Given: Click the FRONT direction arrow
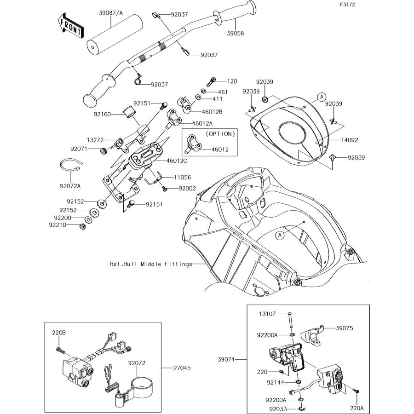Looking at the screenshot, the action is click(70, 26).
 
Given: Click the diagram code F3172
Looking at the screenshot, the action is click(347, 5).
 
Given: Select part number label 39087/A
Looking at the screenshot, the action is click(111, 13).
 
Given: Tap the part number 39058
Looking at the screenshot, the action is click(236, 33).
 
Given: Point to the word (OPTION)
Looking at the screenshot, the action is click(220, 134).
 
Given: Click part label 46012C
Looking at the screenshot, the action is click(177, 161).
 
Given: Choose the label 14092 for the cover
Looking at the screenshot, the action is click(350, 140).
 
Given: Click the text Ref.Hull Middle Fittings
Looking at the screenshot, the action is click(151, 264).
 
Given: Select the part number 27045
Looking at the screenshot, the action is click(182, 368).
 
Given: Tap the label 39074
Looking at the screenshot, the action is click(226, 359).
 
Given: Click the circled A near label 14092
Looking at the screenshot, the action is click(322, 97).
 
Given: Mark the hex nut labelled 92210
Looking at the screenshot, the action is click(82, 226).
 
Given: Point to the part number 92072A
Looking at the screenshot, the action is click(70, 186).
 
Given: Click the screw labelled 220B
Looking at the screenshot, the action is click(60, 351).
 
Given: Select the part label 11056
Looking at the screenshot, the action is click(183, 178).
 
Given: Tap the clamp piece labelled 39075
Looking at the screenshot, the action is click(311, 336).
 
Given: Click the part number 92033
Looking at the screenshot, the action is click(278, 409).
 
